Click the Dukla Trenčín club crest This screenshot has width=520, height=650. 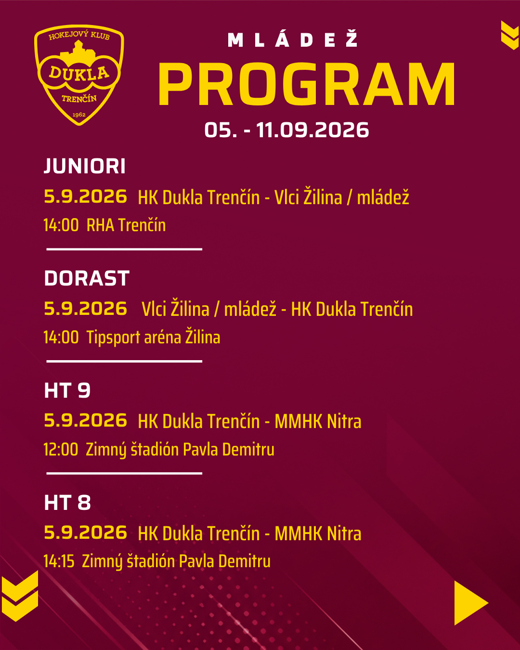[x=79, y=75]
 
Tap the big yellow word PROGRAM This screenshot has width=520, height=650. [x=306, y=84]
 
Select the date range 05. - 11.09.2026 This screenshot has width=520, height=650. [x=286, y=130]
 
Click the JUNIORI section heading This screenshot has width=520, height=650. [x=85, y=166]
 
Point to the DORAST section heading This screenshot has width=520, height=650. [x=87, y=278]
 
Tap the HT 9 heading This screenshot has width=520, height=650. [x=67, y=390]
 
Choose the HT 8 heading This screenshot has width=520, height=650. [x=67, y=502]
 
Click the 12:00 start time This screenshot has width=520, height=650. [x=61, y=449]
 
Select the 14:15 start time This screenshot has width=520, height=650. [x=59, y=561]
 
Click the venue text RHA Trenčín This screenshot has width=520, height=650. [x=126, y=225]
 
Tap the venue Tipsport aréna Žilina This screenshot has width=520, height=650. [x=153, y=337]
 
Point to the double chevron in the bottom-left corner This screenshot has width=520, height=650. [x=20, y=596]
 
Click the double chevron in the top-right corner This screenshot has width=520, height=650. [x=510, y=35]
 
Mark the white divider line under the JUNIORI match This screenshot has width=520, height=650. [x=124, y=249]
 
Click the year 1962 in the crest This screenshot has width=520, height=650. [x=79, y=115]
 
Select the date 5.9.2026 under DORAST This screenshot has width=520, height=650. [x=86, y=308]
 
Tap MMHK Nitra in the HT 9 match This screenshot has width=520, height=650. [x=318, y=421]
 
